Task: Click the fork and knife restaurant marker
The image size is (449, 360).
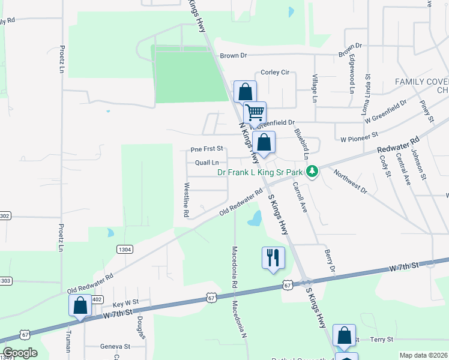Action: click(273, 257)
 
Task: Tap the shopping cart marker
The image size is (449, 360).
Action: click(255, 112)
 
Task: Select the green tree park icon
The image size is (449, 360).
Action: click(312, 172)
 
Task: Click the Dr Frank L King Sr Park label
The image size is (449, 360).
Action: click(259, 172)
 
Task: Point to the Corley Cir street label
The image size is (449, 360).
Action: click(275, 72)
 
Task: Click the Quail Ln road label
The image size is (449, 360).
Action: click(206, 163)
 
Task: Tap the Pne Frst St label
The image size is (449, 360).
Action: click(206, 148)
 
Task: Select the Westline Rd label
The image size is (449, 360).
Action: click(187, 200)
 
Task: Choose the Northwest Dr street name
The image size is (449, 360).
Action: click(350, 181)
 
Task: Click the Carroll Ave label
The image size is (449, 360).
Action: click(300, 198)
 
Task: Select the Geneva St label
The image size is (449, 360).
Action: click(115, 347)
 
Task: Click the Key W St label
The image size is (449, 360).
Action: click(125, 303)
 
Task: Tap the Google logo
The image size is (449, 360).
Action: click(20, 353)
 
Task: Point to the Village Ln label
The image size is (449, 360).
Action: click(314, 88)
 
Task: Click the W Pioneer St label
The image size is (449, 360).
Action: click(358, 138)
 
